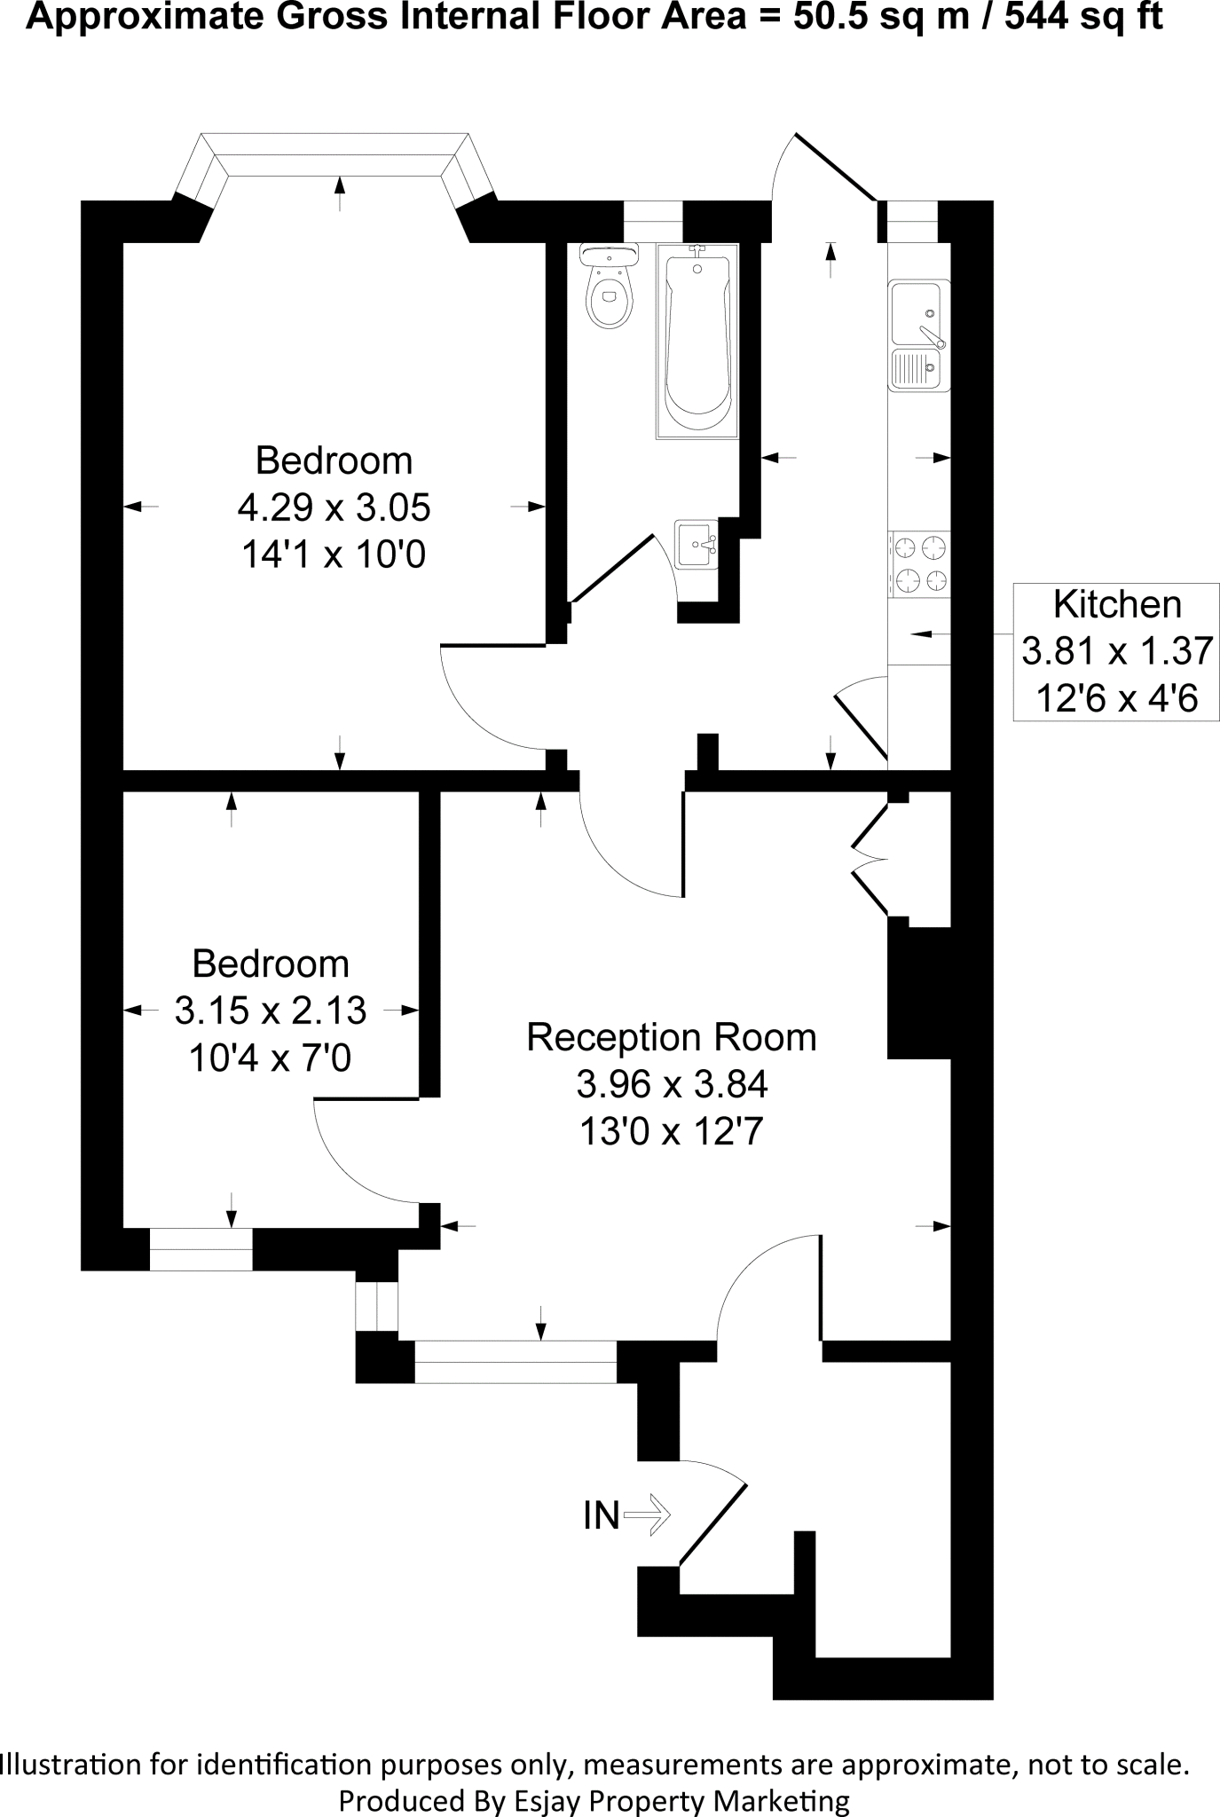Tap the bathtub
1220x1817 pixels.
click(697, 346)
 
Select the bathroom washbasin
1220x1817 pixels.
click(695, 544)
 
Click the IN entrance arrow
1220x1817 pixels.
click(648, 1514)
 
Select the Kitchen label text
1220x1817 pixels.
click(1117, 604)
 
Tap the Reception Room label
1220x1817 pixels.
click(671, 1037)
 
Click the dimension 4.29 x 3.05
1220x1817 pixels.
click(334, 508)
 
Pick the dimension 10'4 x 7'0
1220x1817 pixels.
click(270, 1058)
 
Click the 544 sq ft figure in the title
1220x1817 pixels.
click(1082, 17)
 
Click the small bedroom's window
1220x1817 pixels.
click(201, 1249)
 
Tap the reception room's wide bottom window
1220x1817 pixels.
click(515, 1361)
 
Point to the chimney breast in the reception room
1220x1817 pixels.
click(918, 992)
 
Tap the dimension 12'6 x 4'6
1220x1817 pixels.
click(1117, 699)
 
